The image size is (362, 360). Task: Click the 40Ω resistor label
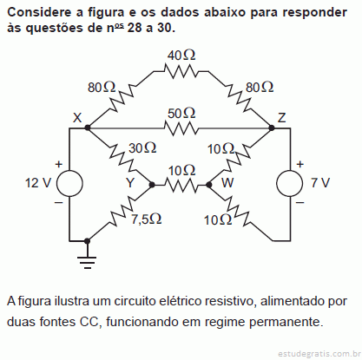click(181, 55)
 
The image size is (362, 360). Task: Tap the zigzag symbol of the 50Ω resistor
click(181, 128)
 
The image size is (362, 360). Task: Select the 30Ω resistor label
click(142, 148)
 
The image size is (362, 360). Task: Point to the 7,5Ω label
click(147, 219)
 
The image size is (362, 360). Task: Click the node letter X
click(77, 118)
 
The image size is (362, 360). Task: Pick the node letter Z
click(281, 118)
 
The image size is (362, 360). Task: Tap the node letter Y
click(130, 183)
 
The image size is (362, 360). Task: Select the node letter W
click(227, 183)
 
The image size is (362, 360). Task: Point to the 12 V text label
click(38, 183)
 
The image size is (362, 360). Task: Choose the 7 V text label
click(320, 183)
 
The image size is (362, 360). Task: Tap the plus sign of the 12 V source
click(59, 164)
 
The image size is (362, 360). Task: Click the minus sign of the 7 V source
click(300, 203)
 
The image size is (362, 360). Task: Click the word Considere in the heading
click(39, 12)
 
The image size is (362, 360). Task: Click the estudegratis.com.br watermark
click(319, 354)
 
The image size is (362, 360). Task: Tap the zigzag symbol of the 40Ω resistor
click(181, 71)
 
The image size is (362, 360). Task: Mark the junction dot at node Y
click(152, 185)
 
